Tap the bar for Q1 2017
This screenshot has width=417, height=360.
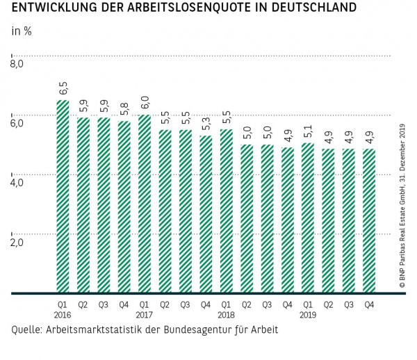coord(145,204)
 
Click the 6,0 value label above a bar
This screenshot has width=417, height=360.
coord(145,102)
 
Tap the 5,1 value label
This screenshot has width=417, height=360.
coord(309,131)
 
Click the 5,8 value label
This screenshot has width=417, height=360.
coord(124,108)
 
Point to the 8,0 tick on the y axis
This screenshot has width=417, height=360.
coord(17,65)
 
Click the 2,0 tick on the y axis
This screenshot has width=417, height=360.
coord(17,243)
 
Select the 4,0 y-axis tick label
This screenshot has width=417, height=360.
coord(17,183)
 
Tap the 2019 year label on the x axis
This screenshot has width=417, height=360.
coord(308,314)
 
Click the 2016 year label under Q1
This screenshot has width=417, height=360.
coord(63,314)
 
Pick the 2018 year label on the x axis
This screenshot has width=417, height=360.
coord(226,314)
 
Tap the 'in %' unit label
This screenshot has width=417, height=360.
coord(22,32)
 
